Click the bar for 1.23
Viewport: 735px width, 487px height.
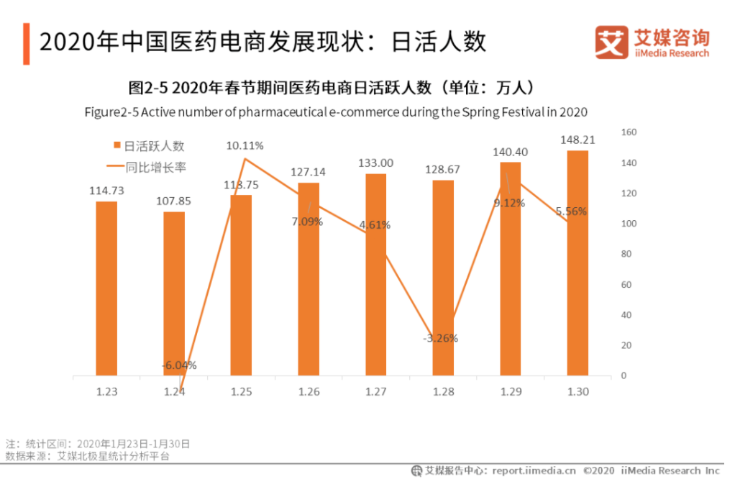pyautogui.click(x=106, y=288)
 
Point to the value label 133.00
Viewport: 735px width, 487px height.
pyautogui.click(x=375, y=163)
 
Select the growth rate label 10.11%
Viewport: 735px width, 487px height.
pyautogui.click(x=245, y=145)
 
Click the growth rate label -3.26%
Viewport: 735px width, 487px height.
pyautogui.click(x=440, y=337)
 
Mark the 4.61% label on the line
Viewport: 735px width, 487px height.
pyautogui.click(x=375, y=224)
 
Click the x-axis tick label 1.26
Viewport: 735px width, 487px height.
pyautogui.click(x=309, y=392)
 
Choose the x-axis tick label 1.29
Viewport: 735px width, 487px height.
pyautogui.click(x=511, y=392)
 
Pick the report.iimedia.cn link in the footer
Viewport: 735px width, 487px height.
pyautogui.click(x=534, y=470)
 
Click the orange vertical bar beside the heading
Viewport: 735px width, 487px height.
pyautogui.click(x=27, y=43)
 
